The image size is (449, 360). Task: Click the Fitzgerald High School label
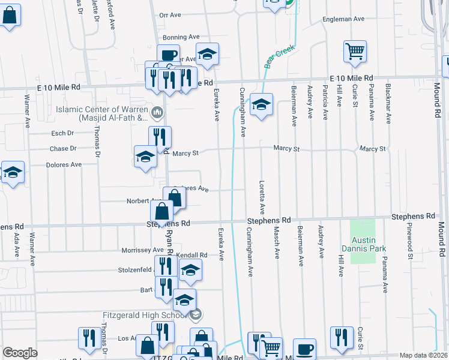click(144, 314)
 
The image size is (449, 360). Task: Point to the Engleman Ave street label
click(343, 19)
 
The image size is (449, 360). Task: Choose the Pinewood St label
click(410, 248)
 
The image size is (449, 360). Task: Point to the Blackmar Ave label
click(389, 102)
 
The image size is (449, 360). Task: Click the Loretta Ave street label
click(262, 197)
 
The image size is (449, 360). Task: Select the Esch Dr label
click(62, 133)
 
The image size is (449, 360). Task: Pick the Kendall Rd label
click(192, 255)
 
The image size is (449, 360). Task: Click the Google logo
click(20, 353)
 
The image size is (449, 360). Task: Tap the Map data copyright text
click(423, 355)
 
